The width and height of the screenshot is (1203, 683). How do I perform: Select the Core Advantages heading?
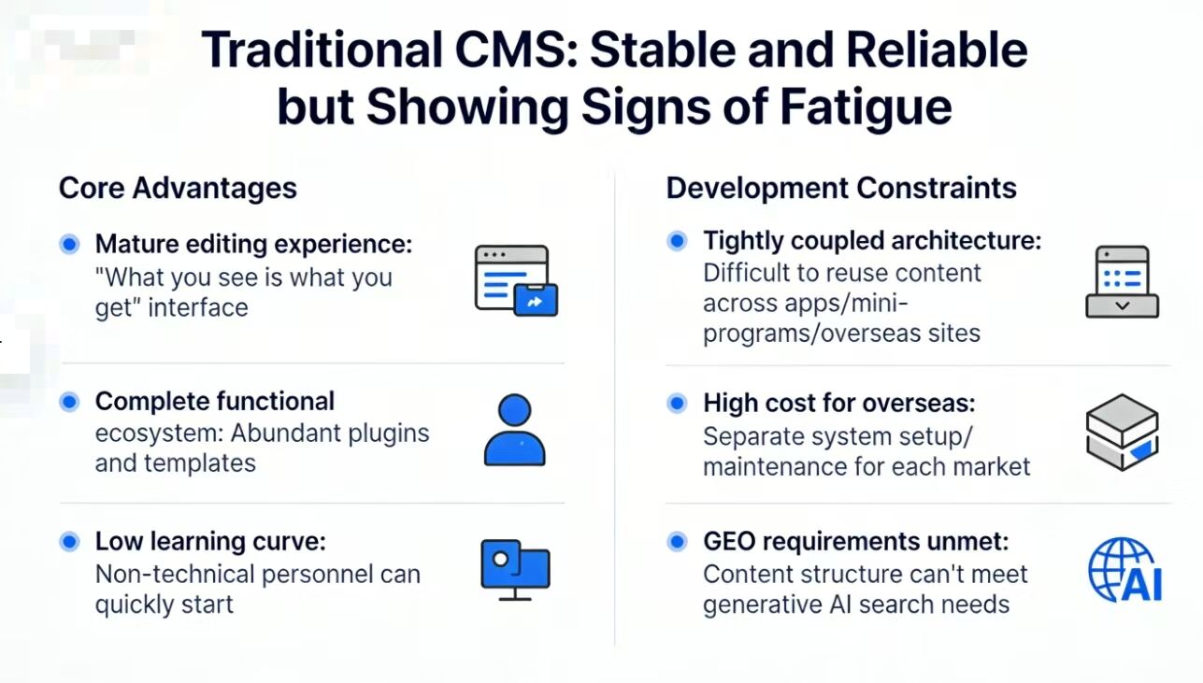pyautogui.click(x=178, y=188)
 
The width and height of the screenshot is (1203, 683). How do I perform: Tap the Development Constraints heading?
pyautogui.click(x=841, y=188)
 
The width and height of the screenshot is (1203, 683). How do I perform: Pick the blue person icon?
pyautogui.click(x=514, y=430)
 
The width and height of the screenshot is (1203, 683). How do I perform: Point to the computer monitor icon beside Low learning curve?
pyautogui.click(x=515, y=570)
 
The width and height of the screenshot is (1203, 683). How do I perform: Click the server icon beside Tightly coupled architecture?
pyautogui.click(x=1122, y=281)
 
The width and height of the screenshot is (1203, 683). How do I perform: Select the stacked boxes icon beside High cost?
pyautogui.click(x=1122, y=431)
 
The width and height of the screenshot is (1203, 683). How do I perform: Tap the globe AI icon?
pyautogui.click(x=1124, y=570)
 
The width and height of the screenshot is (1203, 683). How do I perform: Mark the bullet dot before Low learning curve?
pyautogui.click(x=69, y=542)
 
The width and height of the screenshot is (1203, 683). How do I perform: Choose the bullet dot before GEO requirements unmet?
pyautogui.click(x=677, y=542)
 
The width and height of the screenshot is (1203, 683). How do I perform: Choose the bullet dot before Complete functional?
pyautogui.click(x=69, y=402)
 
